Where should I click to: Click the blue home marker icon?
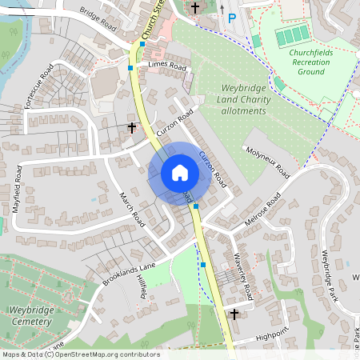tap(180, 173)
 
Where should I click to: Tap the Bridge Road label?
tap(98, 16)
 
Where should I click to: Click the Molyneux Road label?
tap(268, 161)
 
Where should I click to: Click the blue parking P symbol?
tap(232, 18)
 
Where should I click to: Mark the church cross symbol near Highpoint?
tap(234, 314)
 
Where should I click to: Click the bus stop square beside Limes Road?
tap(130, 68)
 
